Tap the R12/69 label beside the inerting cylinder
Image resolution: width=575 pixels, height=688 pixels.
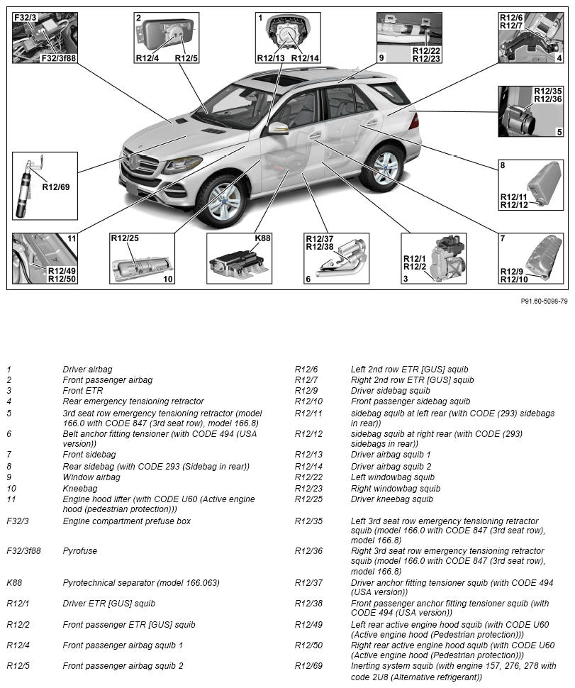pos(56,187)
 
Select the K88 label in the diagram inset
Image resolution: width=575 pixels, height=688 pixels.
pos(262,238)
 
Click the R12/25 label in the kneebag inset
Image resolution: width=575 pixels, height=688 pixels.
pos(125,238)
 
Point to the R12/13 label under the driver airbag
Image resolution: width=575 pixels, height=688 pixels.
pos(271,57)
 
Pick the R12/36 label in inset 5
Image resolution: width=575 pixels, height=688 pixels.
pos(547,99)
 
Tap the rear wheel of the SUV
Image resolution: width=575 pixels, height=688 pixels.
pos(383,167)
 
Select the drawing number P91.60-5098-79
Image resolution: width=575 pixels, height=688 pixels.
pos(544,301)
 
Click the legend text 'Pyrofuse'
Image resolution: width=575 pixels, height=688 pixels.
pos(80,550)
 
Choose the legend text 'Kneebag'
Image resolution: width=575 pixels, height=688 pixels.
pos(80,489)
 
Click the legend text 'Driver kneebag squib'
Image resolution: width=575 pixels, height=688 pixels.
pos(391,499)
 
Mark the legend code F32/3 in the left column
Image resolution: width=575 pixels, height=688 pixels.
pos(18,521)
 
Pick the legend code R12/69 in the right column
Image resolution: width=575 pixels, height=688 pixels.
pos(308,666)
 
